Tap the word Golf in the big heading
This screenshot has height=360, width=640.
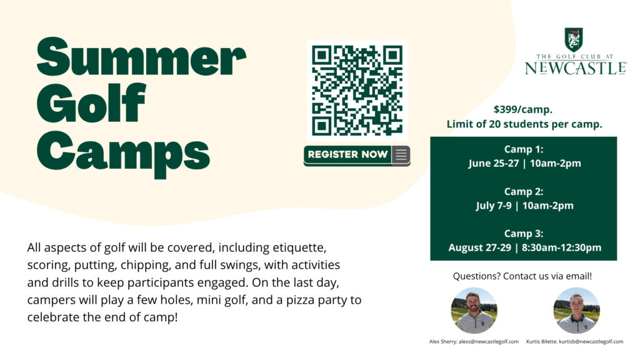pyautogui.click(x=91, y=103)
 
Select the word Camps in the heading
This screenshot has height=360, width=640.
pyautogui.click(x=123, y=154)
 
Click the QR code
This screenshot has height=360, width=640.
pyautogui.click(x=357, y=90)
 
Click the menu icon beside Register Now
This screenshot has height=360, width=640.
pyautogui.click(x=401, y=155)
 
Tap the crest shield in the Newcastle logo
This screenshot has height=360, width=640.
pyautogui.click(x=574, y=39)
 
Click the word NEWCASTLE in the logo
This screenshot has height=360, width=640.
pyautogui.click(x=576, y=68)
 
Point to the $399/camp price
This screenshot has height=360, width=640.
pyautogui.click(x=523, y=109)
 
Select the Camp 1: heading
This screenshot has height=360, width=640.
pyautogui.click(x=524, y=149)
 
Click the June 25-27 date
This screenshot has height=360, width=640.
pyautogui.click(x=494, y=163)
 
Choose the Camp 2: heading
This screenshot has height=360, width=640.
pyautogui.click(x=524, y=191)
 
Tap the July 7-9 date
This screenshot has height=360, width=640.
pyautogui.click(x=494, y=205)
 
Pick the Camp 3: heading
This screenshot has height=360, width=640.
pyautogui.click(x=524, y=234)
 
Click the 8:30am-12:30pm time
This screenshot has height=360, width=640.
pyautogui.click(x=562, y=247)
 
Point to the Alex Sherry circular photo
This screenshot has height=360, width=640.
pyautogui.click(x=474, y=311)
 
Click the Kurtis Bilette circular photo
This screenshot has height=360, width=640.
pyautogui.click(x=576, y=311)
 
